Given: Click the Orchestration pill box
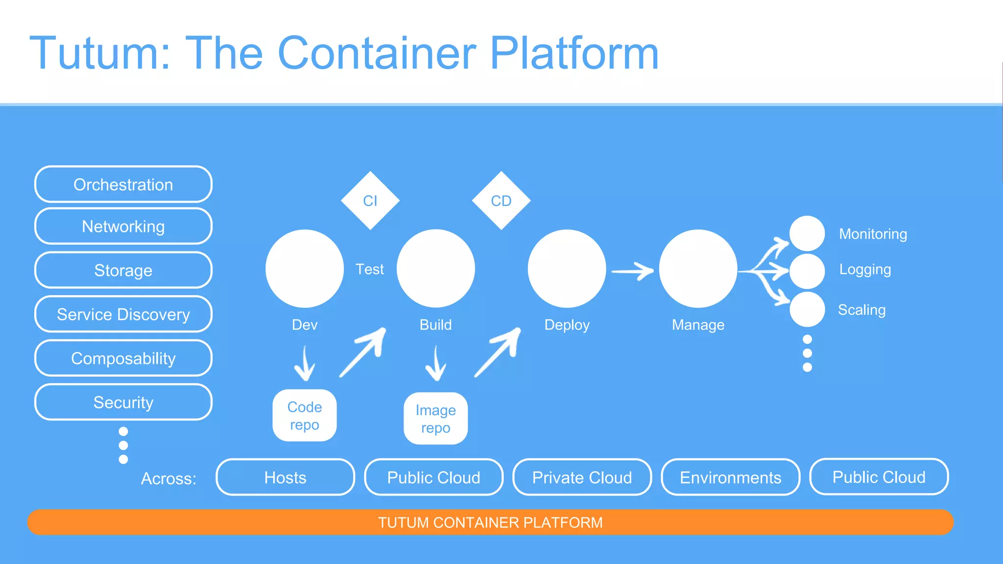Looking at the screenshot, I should click(123, 185).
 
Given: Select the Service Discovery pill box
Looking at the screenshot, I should click(123, 314).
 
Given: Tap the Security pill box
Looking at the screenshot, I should click(123, 402).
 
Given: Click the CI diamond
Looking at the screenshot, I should click(370, 201).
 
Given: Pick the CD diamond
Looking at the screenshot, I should click(501, 201).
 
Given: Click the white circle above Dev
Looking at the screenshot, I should click(305, 268).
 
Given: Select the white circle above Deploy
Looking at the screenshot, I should click(567, 268).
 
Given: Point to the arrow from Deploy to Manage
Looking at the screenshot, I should click(632, 270).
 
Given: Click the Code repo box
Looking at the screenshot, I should click(305, 416).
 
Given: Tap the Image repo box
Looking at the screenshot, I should click(435, 419).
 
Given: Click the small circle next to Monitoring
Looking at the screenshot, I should click(807, 233).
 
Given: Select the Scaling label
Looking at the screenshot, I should click(861, 310).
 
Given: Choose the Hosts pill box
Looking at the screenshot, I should click(285, 477).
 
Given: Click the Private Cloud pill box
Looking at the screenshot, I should click(582, 477).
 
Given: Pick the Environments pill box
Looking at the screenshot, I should click(730, 477).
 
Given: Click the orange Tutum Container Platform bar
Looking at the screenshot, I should click(490, 522).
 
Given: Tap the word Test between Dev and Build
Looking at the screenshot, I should click(369, 269).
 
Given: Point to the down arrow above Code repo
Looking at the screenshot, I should click(305, 364).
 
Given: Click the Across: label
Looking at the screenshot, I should click(168, 478).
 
